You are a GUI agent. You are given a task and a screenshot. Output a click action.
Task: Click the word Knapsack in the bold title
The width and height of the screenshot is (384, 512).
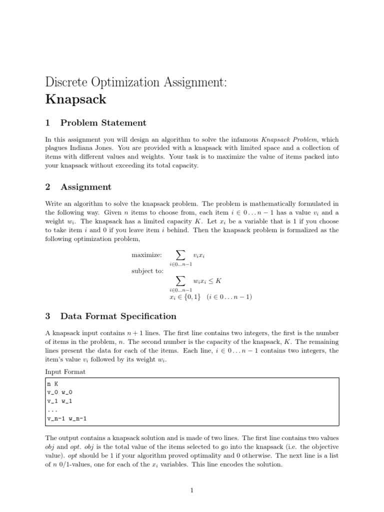click(75, 99)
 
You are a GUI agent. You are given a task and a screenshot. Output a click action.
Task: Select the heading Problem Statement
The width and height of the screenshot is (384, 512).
click(103, 123)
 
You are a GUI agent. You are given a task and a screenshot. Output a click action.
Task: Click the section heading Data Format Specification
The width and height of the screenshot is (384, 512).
click(118, 316)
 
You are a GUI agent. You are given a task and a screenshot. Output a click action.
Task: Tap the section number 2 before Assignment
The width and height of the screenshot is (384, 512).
click(47, 187)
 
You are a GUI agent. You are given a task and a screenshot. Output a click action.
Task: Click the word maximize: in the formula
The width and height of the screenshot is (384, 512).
click(146, 255)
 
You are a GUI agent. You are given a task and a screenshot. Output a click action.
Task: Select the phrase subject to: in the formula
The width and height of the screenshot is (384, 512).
click(147, 271)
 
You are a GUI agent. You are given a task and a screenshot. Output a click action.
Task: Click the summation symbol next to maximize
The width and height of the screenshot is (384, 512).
click(180, 255)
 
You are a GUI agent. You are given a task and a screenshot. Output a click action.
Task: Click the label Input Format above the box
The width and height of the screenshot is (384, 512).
click(65, 371)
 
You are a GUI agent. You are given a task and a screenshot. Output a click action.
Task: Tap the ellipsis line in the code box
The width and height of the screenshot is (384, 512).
click(52, 410)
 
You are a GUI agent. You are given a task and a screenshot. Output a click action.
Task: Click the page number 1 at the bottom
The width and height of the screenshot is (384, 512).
click(192, 490)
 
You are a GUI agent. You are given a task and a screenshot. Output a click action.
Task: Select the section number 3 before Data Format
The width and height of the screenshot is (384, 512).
click(47, 316)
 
